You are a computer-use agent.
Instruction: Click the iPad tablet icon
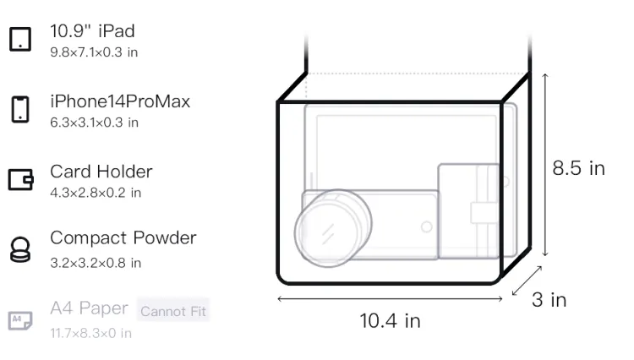pos(20,39)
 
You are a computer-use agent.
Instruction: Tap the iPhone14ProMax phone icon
pos(20,109)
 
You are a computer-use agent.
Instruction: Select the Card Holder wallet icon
pos(20,179)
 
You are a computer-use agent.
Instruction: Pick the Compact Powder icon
pos(20,249)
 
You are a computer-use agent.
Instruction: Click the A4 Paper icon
pos(20,320)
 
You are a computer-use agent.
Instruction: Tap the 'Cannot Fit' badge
pos(173,311)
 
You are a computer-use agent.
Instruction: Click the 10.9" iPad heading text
pos(92,31)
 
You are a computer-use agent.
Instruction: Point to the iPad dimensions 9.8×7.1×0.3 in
pos(94,52)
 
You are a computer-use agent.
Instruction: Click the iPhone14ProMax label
pos(120,101)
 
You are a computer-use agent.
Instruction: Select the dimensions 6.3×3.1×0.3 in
pos(94,123)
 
